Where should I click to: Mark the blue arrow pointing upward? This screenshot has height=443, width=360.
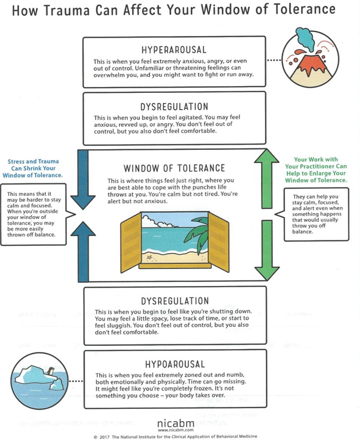(83, 248)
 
